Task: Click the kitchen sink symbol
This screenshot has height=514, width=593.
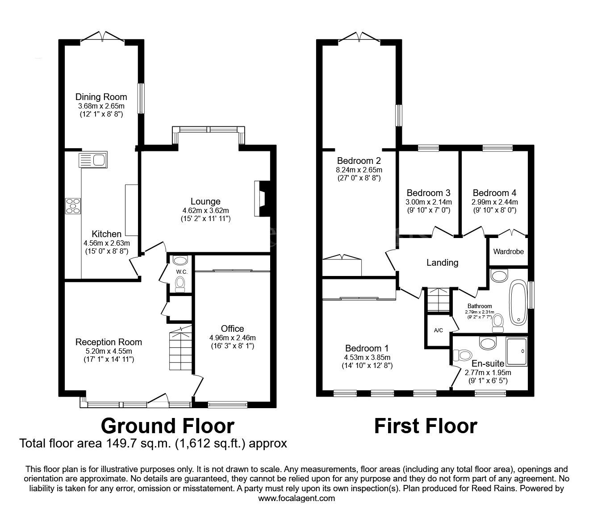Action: [92, 160]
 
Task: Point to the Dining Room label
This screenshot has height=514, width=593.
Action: [101, 97]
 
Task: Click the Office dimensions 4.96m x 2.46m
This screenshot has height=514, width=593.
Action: [232, 338]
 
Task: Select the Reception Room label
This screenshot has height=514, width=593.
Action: [109, 342]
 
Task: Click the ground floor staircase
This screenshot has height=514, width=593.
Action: [180, 348]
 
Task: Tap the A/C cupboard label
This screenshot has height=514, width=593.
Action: [438, 330]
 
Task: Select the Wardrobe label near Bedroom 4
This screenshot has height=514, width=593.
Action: [508, 251]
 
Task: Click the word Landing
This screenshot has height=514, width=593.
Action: [442, 263]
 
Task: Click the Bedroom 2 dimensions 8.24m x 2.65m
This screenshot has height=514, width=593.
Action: [359, 170]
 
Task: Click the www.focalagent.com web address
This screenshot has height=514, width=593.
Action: [296, 498]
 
